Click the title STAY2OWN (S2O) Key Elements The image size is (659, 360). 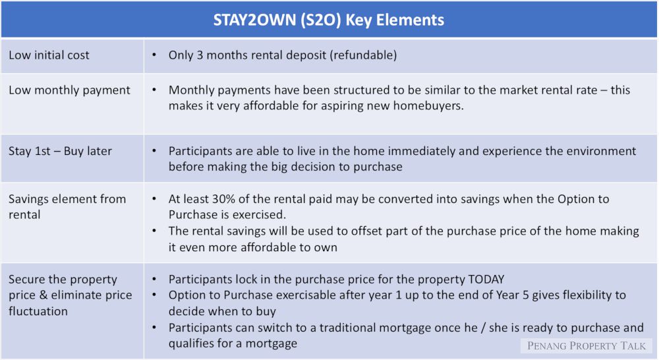pos(329,20)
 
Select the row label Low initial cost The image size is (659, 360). pos(49,55)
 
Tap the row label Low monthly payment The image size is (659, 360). pos(69,90)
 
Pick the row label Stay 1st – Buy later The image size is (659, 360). pos(60,151)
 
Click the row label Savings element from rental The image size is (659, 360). pos(67,206)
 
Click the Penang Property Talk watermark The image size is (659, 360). pos(587,345)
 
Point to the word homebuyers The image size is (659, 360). pos(428,105)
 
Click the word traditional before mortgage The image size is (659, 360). pos(352,328)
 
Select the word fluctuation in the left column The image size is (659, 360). pos(38,311)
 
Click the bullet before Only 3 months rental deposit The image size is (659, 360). pos(154,55)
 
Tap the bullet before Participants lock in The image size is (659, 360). pos(154,280)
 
